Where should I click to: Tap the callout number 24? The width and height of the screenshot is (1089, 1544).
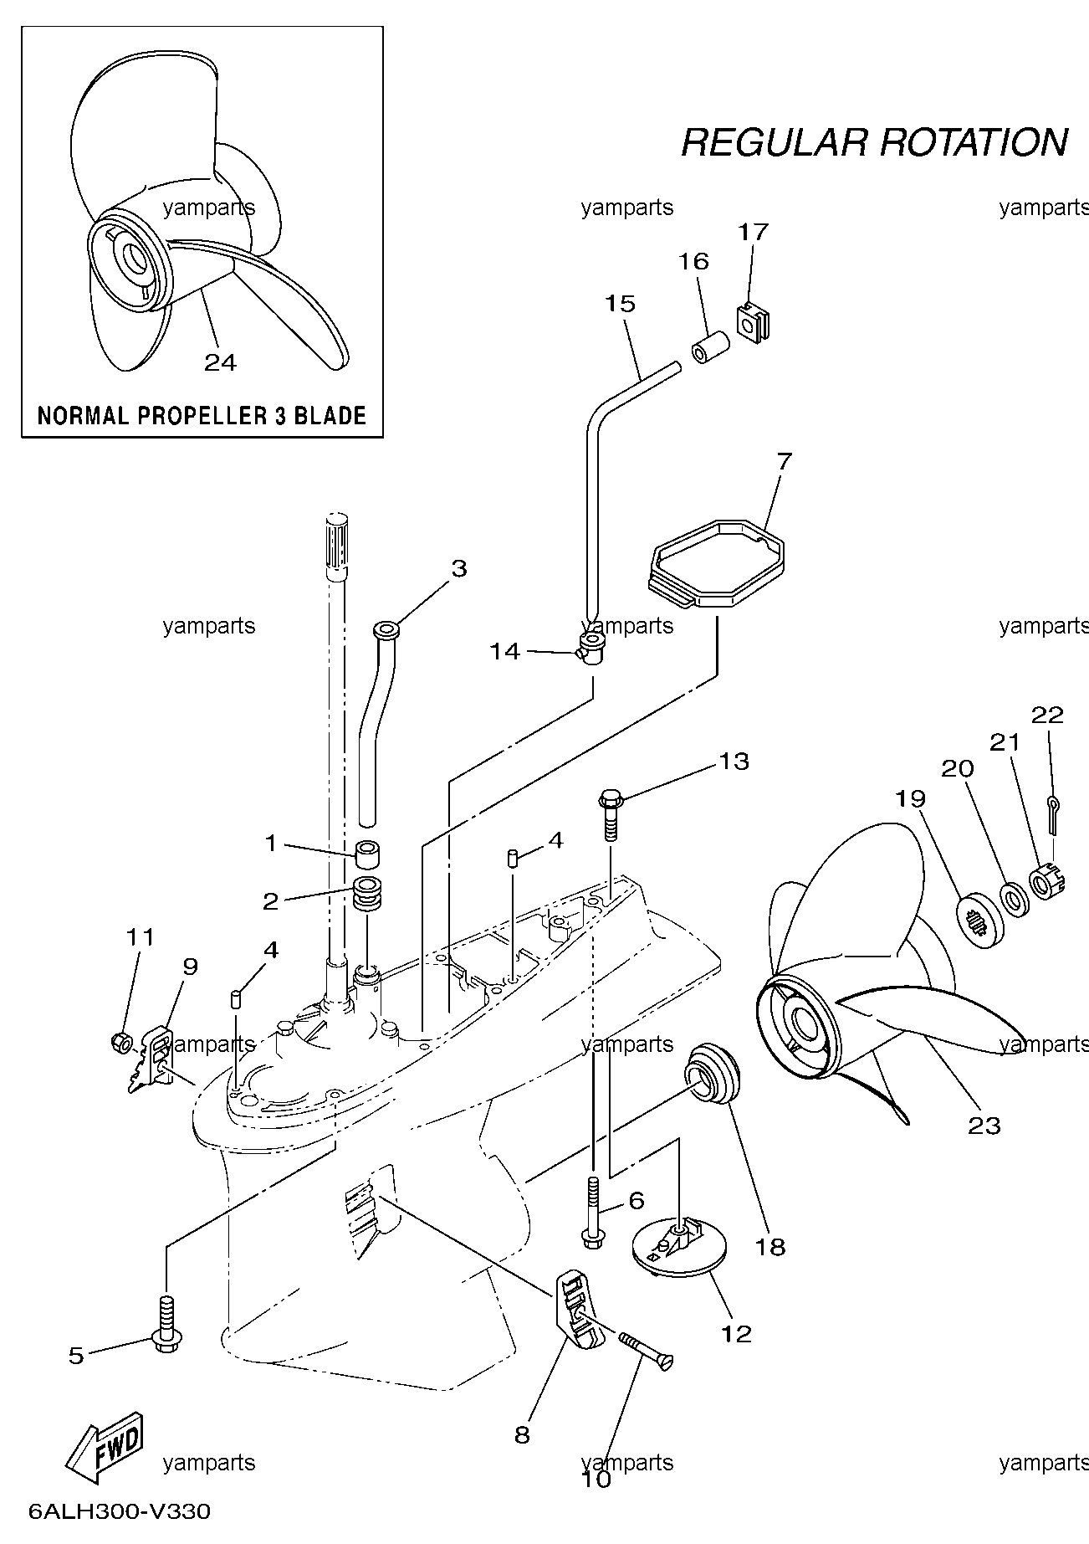point(221,362)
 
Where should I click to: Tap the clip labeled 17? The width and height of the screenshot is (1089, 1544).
point(754,324)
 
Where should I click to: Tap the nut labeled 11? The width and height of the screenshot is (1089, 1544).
point(121,1043)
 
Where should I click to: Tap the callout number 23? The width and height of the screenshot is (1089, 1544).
point(984,1126)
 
